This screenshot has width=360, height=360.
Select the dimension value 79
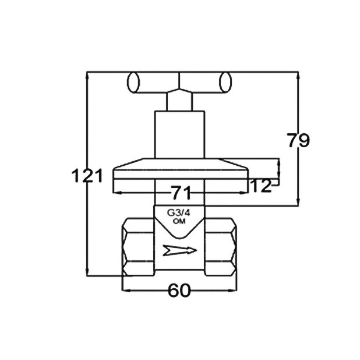click(x=298, y=140)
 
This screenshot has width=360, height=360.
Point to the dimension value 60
click(x=179, y=290)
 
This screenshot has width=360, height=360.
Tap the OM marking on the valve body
click(x=179, y=222)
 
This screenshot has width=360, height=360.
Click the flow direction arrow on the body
click(x=180, y=250)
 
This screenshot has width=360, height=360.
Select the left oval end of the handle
click(x=133, y=82)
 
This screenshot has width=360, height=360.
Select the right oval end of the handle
click(x=225, y=82)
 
